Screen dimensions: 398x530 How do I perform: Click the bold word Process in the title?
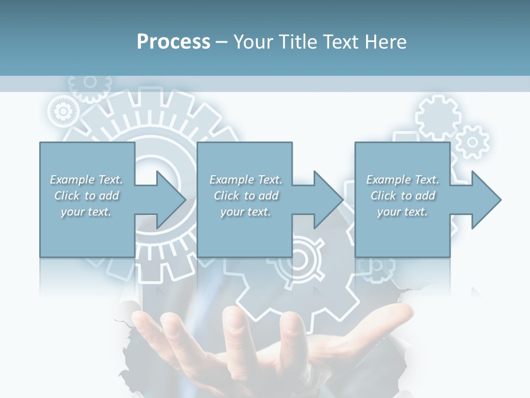[173, 42]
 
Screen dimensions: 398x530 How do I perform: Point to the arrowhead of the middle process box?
[327, 200]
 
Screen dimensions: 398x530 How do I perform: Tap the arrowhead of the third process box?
[485, 200]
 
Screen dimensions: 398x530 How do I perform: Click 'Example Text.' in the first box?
[86, 180]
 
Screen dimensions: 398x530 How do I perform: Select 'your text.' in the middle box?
[245, 212]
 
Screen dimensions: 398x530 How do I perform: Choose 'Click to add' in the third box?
[402, 196]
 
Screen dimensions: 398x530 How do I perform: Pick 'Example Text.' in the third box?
[402, 180]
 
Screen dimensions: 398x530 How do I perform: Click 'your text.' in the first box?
[86, 212]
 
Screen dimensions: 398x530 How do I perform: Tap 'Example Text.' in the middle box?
[245, 180]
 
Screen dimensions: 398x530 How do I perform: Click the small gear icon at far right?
[473, 142]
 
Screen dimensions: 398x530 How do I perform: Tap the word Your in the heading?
[251, 42]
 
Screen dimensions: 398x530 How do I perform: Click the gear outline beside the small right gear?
[438, 116]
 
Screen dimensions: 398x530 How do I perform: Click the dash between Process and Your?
[221, 42]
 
